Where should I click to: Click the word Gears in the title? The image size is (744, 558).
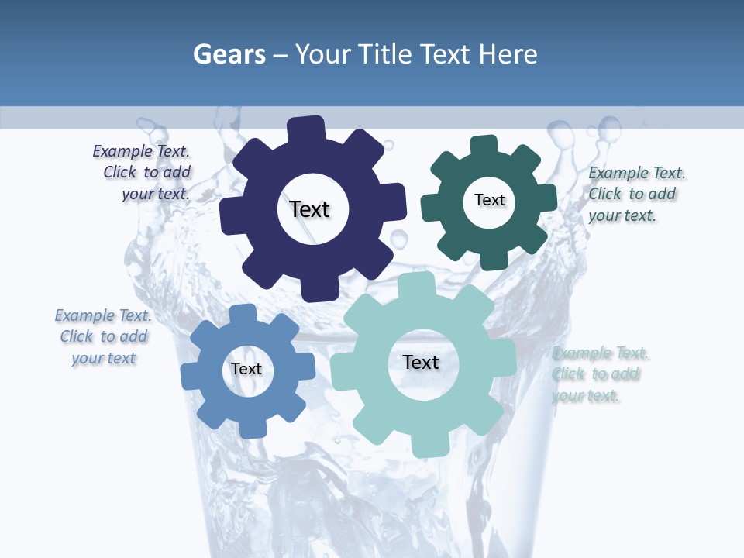tap(229, 54)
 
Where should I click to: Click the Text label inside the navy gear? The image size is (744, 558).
tap(309, 209)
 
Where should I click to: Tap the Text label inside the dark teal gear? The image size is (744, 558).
tap(489, 200)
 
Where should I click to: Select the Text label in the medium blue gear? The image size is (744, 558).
tap(246, 369)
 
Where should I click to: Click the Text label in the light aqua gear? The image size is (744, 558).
tap(421, 362)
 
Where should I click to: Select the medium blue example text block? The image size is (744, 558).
tap(104, 336)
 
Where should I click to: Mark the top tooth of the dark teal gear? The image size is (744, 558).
tap(484, 146)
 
